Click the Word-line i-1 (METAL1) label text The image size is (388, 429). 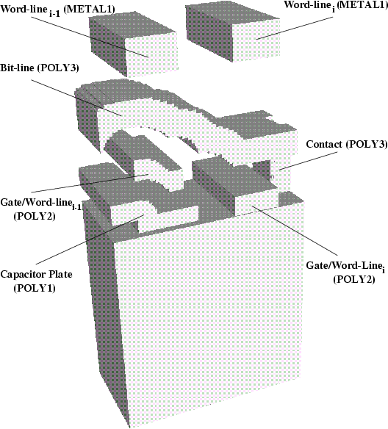(x=57, y=10)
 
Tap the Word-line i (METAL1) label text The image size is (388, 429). (x=336, y=6)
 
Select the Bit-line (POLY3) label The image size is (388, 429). (x=40, y=68)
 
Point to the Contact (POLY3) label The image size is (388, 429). (x=347, y=144)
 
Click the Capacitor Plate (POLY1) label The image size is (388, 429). (x=36, y=281)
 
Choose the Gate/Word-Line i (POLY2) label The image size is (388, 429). (x=345, y=272)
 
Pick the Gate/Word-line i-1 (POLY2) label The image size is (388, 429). (x=41, y=209)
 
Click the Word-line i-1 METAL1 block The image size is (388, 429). (x=134, y=44)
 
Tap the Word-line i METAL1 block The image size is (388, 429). (x=233, y=33)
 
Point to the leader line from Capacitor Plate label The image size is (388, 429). (x=90, y=239)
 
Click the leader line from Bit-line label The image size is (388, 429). (x=76, y=98)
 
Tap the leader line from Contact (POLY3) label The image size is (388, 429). (x=308, y=162)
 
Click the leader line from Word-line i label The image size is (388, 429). (x=295, y=28)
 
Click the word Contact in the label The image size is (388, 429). (x=324, y=144)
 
